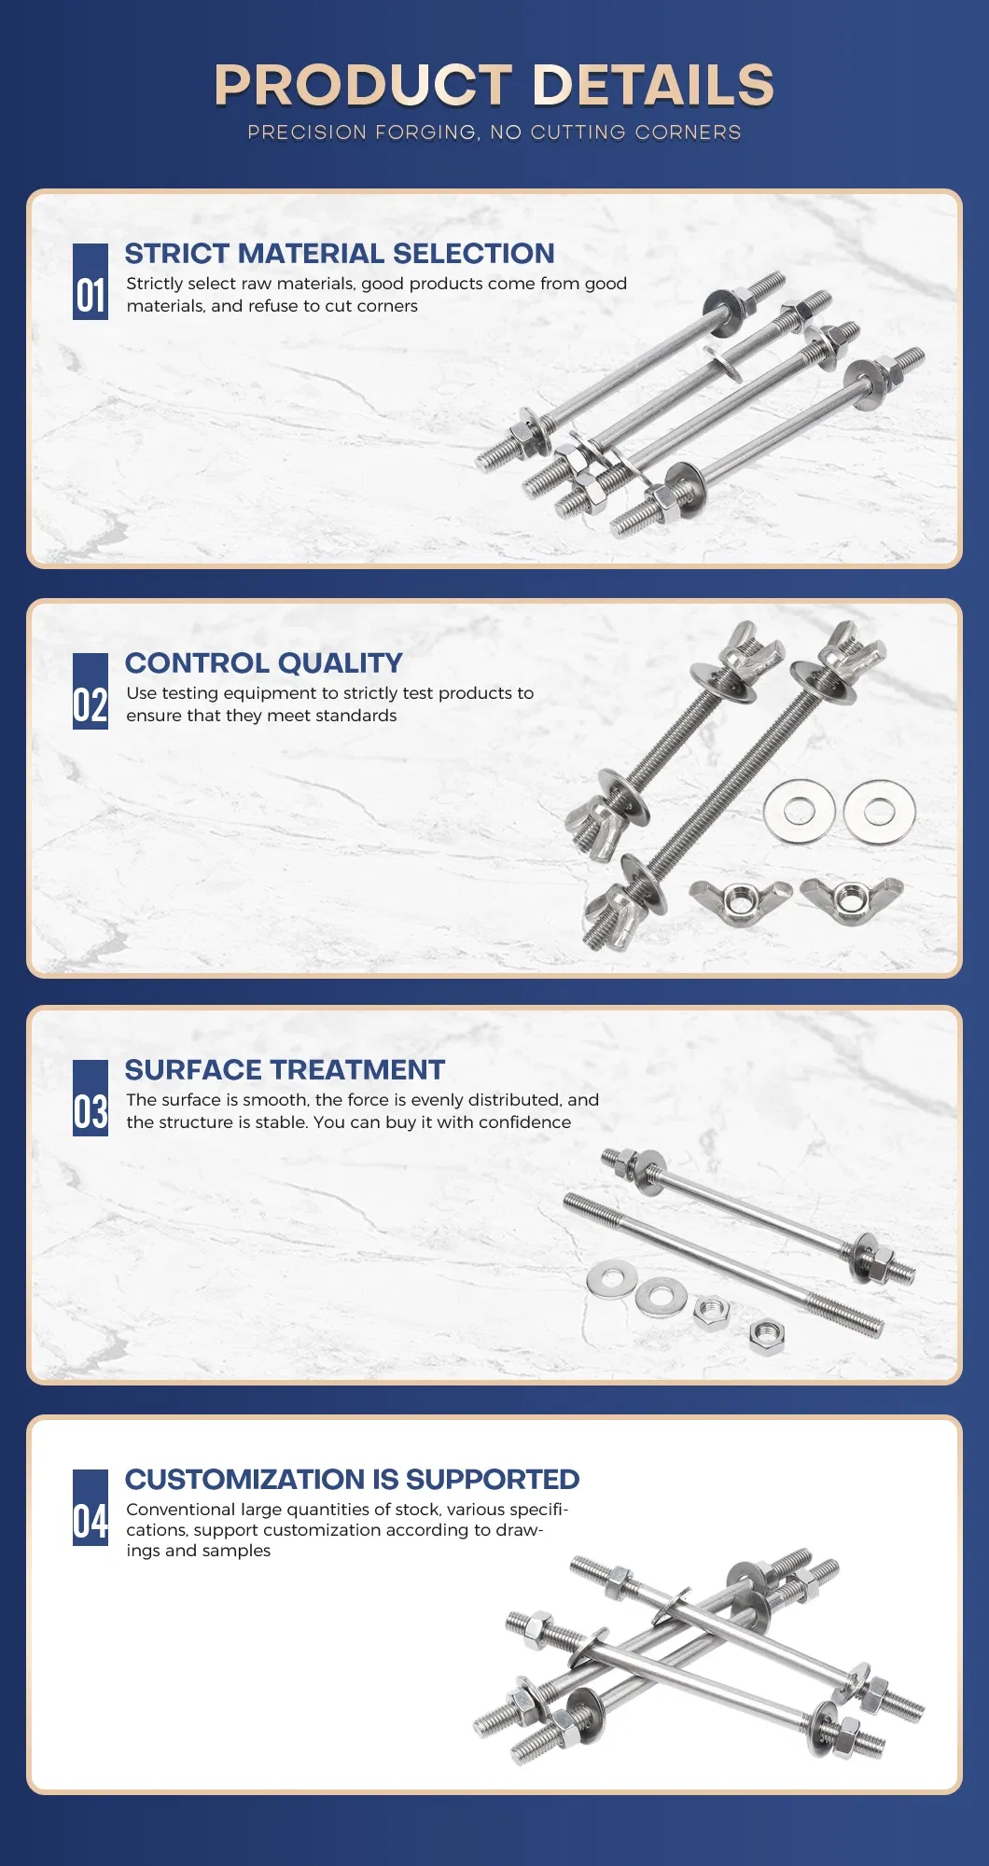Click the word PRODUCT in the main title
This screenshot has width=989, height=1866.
point(363,85)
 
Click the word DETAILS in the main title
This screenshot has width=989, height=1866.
point(653,85)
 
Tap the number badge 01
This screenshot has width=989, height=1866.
point(91,283)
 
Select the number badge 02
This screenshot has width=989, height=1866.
point(91,691)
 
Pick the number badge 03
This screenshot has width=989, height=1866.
point(91,1098)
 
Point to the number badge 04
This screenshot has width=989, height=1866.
point(91,1508)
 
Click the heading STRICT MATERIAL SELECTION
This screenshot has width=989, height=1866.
point(340,254)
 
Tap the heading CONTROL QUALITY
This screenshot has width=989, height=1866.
point(264,663)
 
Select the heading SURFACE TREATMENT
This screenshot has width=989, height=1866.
point(285,1070)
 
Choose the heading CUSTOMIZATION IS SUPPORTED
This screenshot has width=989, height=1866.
point(353,1480)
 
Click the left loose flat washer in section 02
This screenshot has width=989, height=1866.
point(799,810)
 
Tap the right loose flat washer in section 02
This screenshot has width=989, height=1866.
point(879,811)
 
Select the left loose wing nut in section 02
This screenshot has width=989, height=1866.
point(740,900)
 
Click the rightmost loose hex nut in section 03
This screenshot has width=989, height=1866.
point(766,1335)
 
